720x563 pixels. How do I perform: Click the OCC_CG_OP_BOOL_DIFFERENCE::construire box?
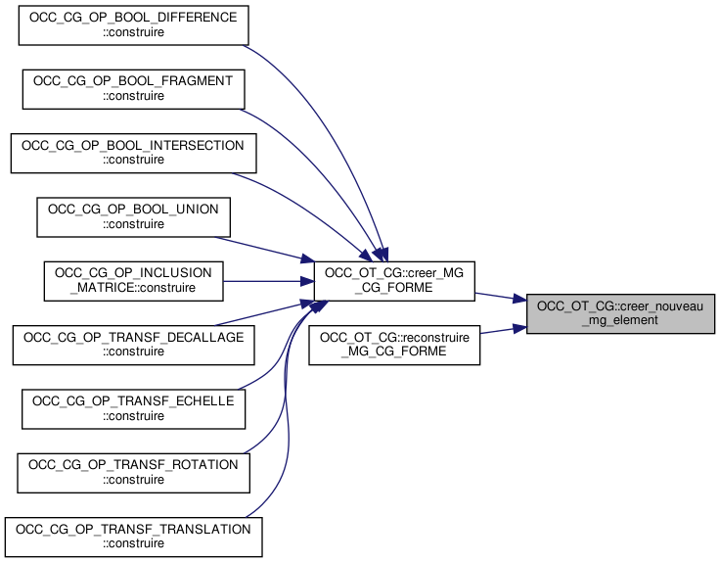coord(133,25)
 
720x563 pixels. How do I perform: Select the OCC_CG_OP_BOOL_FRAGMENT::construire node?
coord(133,88)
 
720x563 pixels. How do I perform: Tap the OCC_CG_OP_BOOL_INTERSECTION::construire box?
coord(133,152)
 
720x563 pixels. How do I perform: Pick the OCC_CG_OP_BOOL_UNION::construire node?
coord(133,216)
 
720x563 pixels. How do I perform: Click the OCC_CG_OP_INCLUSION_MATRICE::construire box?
coord(133,280)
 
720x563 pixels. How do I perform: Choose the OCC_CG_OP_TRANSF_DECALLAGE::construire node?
coord(133,345)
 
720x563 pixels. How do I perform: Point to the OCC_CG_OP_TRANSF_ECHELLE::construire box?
coord(133,408)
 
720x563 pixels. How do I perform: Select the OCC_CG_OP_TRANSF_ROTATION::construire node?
coord(133,472)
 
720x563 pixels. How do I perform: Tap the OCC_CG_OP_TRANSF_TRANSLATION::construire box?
coord(133,536)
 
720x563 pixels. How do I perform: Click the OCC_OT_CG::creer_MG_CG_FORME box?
coord(393,280)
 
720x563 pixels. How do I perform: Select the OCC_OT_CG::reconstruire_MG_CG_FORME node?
coord(394,345)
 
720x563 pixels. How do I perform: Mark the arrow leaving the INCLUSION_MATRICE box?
coord(264,280)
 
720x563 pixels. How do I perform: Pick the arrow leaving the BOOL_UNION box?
coord(259,248)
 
